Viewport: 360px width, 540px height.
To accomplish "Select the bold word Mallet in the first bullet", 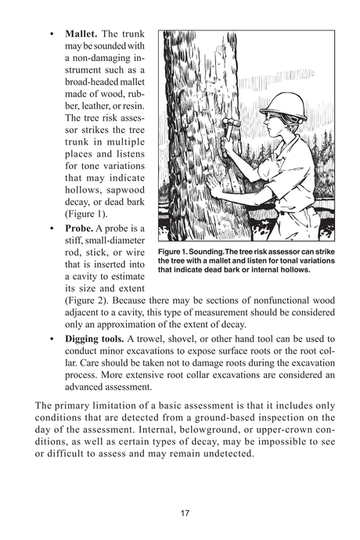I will (81, 35).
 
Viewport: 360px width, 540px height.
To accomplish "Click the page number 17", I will (185, 513).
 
